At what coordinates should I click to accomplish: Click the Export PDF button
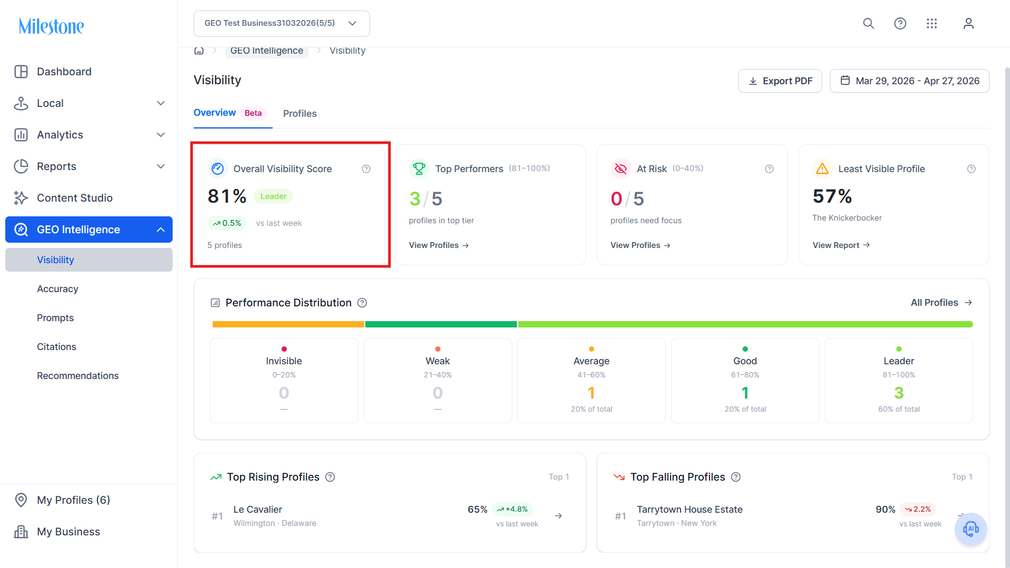click(780, 81)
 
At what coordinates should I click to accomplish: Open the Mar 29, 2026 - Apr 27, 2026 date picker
click(909, 81)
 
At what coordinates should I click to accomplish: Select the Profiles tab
click(300, 114)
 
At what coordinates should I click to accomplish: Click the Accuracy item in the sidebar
click(57, 289)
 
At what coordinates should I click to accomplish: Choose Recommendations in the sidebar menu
click(78, 376)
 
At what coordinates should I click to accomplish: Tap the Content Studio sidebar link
click(75, 198)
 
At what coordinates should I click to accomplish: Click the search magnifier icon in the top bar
click(868, 24)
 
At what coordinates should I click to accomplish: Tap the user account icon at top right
click(968, 24)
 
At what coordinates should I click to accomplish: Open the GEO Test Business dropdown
click(282, 24)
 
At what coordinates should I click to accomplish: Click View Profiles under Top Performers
click(439, 245)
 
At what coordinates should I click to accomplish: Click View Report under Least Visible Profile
click(841, 245)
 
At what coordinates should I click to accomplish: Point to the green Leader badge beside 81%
click(274, 196)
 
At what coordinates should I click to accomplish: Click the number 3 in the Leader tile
click(899, 393)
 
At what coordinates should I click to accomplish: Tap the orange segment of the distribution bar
click(288, 324)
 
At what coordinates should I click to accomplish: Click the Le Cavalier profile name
click(258, 510)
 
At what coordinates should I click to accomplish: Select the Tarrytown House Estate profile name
click(689, 510)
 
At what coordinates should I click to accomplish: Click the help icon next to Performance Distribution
click(362, 303)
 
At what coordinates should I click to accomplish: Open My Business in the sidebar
click(68, 532)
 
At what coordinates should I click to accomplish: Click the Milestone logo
click(52, 26)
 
